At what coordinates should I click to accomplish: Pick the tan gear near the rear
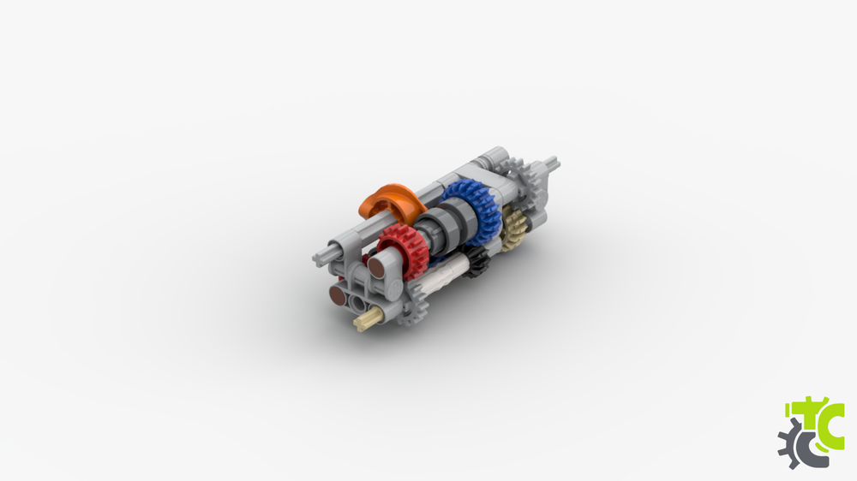(514, 228)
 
